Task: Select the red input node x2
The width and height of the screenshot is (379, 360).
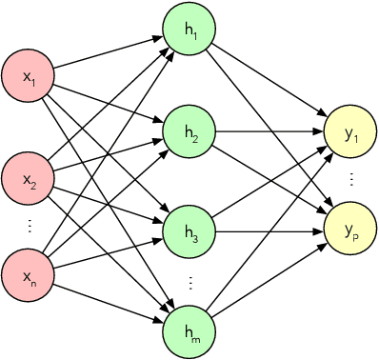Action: click(x=29, y=177)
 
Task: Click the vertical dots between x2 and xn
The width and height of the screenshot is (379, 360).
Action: click(x=30, y=227)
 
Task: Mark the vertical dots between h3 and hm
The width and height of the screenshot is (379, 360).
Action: click(x=189, y=282)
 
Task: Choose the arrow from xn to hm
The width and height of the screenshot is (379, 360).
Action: click(x=110, y=294)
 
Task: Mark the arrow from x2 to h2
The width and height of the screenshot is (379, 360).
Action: click(x=109, y=153)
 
